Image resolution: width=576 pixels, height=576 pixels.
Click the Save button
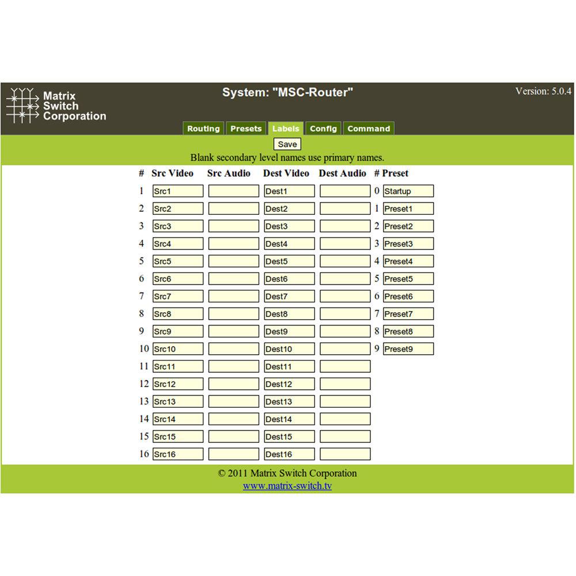287,144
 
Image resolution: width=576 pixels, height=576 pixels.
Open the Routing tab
203,128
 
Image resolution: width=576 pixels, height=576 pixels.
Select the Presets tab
246,128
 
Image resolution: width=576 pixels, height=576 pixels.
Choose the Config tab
323,128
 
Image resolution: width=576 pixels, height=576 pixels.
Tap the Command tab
369,128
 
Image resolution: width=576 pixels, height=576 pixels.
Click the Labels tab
286,128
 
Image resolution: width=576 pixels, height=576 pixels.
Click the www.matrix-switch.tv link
287,486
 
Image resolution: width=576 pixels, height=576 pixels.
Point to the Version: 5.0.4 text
543,91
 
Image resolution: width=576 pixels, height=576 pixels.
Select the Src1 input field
177,191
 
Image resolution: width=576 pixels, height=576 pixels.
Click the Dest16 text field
289,454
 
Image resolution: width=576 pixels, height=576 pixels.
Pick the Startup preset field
408,191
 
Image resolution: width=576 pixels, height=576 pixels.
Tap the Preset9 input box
408,348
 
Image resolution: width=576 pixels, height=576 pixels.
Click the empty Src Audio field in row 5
233,261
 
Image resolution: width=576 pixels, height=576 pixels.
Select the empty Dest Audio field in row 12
344,384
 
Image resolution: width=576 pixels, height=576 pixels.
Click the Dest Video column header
286,173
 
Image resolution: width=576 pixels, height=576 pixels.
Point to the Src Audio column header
229,173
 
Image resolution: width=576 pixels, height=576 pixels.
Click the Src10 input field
177,348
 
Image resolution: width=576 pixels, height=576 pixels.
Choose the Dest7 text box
289,296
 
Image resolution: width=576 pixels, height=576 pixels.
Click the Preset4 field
408,261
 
